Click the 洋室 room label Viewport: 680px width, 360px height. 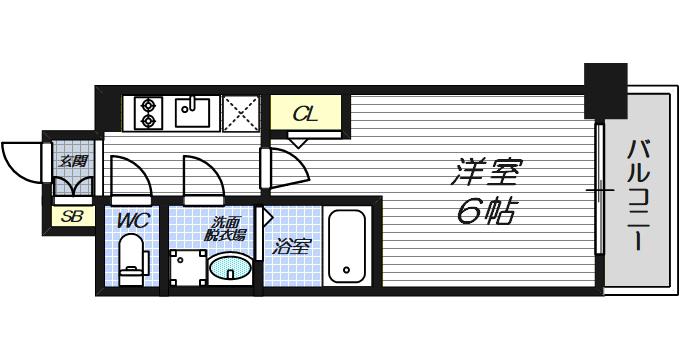click(x=487, y=172)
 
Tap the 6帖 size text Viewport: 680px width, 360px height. click(x=487, y=211)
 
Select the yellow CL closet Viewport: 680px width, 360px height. click(x=306, y=113)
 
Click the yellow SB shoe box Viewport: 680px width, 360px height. click(x=73, y=216)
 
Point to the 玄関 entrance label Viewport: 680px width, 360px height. click(x=73, y=162)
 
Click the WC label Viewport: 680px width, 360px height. click(x=133, y=220)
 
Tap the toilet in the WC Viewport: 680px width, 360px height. click(x=133, y=259)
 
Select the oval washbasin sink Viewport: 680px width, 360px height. click(x=230, y=268)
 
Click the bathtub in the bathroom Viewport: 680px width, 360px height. click(x=347, y=246)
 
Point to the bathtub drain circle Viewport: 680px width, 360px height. click(x=346, y=270)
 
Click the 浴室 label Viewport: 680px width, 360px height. click(x=291, y=247)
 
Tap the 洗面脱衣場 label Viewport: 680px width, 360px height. click(x=225, y=229)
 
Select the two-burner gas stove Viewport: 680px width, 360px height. click(x=148, y=113)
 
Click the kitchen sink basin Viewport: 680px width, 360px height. click(x=193, y=112)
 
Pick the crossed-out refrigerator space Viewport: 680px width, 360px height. click(x=241, y=114)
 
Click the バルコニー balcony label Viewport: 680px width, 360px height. click(x=638, y=195)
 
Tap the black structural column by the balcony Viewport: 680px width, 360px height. click(x=605, y=91)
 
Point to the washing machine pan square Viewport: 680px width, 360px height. click(x=188, y=268)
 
